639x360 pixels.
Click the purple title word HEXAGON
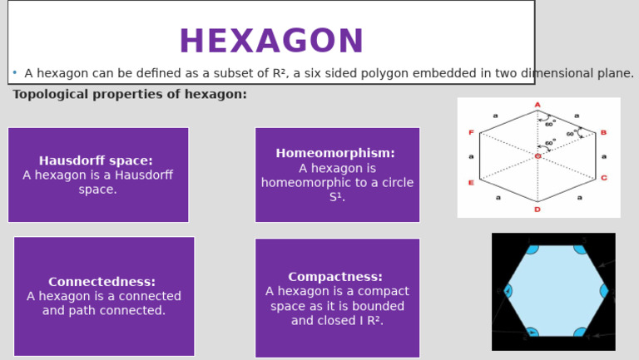pyautogui.click(x=271, y=42)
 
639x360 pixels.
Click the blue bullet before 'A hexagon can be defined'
pyautogui.click(x=15, y=73)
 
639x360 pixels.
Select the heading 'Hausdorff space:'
pyautogui.click(x=96, y=160)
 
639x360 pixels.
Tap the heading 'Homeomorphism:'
pyautogui.click(x=335, y=153)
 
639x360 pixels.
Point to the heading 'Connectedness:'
pyautogui.click(x=102, y=282)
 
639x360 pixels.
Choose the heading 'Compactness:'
pyautogui.click(x=335, y=277)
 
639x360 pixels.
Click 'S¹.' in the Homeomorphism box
pyautogui.click(x=337, y=198)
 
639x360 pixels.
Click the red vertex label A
pyautogui.click(x=537, y=105)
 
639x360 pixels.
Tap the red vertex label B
pyautogui.click(x=603, y=133)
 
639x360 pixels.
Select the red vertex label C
pyautogui.click(x=603, y=178)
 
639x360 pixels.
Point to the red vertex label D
pyautogui.click(x=537, y=210)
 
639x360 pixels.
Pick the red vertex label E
pyautogui.click(x=471, y=182)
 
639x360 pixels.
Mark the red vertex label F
pyautogui.click(x=471, y=133)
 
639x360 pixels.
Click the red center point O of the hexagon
pyautogui.click(x=537, y=156)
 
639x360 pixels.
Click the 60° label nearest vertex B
pyautogui.click(x=572, y=134)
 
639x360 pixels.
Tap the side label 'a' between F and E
pyautogui.click(x=471, y=156)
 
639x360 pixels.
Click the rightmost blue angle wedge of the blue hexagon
pyautogui.click(x=605, y=291)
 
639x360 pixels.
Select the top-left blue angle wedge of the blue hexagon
pyautogui.click(x=532, y=247)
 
